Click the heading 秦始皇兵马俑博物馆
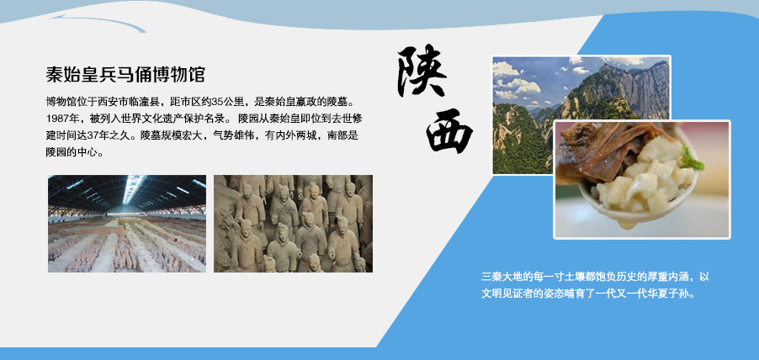125,75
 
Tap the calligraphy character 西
449,130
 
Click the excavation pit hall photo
127,224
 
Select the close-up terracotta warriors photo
294,224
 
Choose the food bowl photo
642,179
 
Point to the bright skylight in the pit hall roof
131,188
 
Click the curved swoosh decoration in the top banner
97,22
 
